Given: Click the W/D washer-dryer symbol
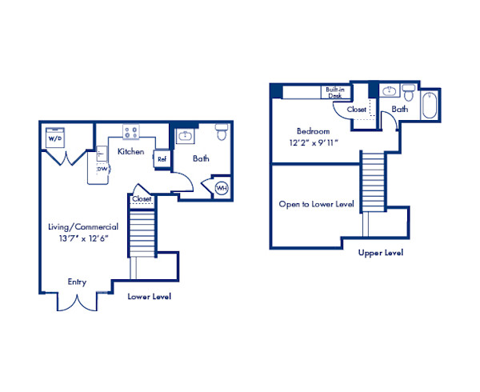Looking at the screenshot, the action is [54, 138].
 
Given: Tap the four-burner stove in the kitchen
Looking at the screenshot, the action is [131, 132].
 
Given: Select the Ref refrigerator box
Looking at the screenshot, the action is [162, 159].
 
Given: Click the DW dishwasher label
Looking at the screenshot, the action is [102, 169].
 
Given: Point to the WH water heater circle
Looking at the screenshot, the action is [222, 188].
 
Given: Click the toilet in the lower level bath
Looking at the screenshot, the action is [222, 132].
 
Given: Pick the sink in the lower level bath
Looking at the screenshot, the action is [185, 135].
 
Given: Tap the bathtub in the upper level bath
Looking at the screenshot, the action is [430, 106].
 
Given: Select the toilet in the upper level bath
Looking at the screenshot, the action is [408, 93].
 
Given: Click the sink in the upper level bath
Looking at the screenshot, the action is [390, 91].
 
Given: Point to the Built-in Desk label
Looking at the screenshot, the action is [335, 93].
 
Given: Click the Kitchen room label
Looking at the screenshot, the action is [130, 151].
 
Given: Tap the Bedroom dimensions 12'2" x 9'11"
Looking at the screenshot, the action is [314, 142].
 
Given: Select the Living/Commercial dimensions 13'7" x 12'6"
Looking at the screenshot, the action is [83, 238].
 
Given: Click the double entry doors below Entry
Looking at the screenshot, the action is [77, 302].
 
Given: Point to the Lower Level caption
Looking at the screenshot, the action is [149, 296].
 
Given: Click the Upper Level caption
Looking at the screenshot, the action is [381, 253].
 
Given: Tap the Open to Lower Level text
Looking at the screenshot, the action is [316, 204].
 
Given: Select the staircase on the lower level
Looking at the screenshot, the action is [142, 234].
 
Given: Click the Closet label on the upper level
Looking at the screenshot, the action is [356, 110].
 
